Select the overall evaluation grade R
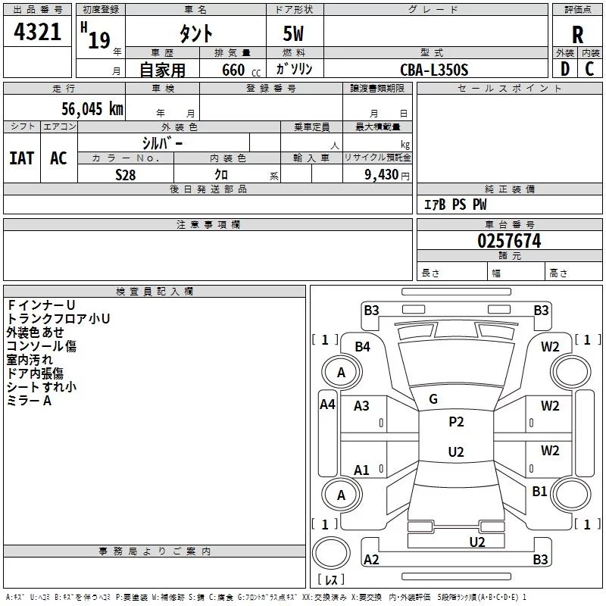click(577, 35)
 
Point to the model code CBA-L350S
click(434, 70)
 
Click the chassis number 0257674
click(509, 241)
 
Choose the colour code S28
click(125, 174)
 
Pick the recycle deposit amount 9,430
click(380, 174)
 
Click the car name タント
click(195, 33)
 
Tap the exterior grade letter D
click(564, 70)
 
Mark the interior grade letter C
click(589, 70)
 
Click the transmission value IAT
click(21, 158)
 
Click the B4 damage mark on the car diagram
click(362, 346)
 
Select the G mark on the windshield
click(433, 399)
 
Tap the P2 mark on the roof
click(456, 422)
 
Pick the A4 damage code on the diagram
click(327, 405)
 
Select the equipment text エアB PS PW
click(455, 205)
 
